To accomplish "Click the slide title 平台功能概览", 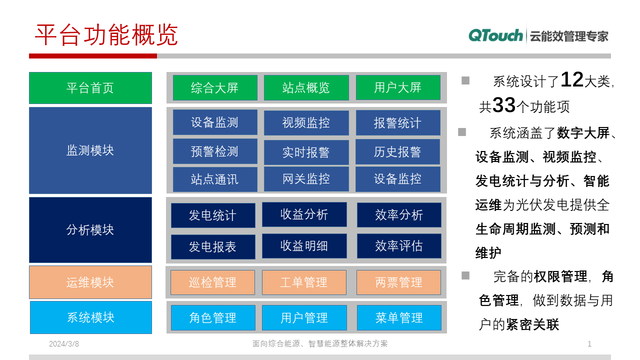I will (x=106, y=35).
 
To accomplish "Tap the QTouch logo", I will (x=495, y=35).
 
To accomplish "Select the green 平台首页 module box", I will (x=90, y=88).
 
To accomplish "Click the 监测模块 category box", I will (x=90, y=150).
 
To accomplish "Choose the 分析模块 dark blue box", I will (x=90, y=230).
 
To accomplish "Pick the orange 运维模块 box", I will (x=90, y=282).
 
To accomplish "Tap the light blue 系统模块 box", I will (x=91, y=317).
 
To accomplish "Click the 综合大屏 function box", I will (x=215, y=88).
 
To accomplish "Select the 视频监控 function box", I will (x=306, y=123).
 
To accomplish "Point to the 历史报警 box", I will (x=397, y=152).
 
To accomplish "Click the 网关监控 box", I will (x=306, y=179).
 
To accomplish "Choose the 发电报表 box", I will (x=213, y=247).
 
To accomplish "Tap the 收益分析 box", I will (x=304, y=214).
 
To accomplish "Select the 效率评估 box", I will (x=399, y=246).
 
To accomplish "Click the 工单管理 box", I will (x=304, y=282).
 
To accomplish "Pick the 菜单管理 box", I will (x=399, y=318).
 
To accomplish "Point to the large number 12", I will (x=572, y=80).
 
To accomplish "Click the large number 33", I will (x=504, y=105).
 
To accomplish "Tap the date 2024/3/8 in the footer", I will (x=64, y=344).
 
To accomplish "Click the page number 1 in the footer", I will (x=589, y=344).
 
